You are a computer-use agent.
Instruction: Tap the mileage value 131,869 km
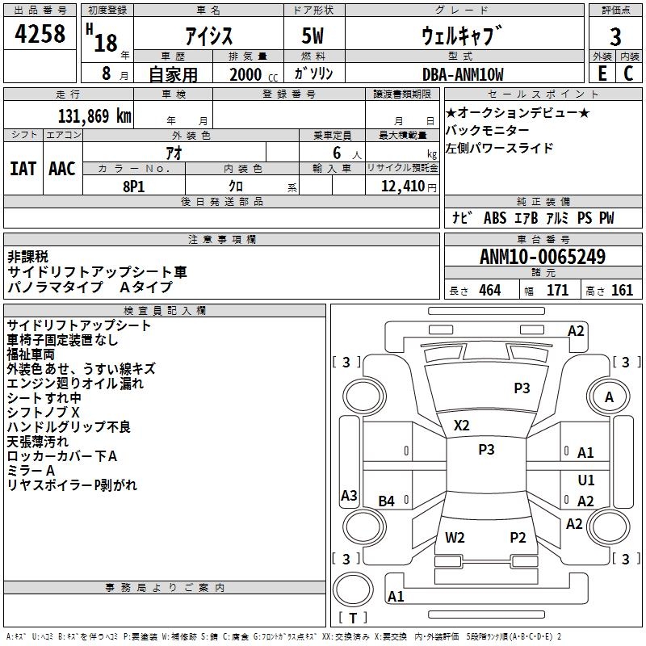[x=94, y=115]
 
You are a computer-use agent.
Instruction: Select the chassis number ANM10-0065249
[x=542, y=257]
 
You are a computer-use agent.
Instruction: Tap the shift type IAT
[x=23, y=168]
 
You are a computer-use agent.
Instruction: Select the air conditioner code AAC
[x=62, y=168]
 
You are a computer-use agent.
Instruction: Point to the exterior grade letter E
[x=602, y=73]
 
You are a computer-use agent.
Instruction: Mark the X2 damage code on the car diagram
[x=462, y=425]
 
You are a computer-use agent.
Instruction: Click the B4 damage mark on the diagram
[x=387, y=501]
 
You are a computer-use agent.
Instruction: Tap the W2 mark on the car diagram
[x=455, y=537]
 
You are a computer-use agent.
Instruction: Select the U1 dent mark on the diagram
[x=586, y=480]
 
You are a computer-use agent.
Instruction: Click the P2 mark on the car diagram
[x=518, y=537]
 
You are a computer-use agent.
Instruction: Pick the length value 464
[x=489, y=291]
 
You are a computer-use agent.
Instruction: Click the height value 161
[x=622, y=291]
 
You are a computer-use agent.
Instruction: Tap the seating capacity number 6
[x=334, y=153]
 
